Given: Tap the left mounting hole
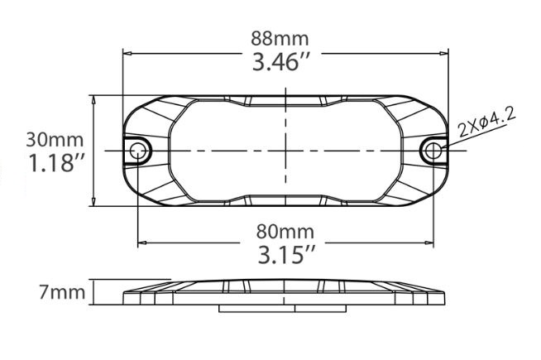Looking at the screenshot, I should click(136, 151).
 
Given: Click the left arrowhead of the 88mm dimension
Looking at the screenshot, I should click(127, 51).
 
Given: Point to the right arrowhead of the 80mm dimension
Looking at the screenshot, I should click(428, 242).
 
